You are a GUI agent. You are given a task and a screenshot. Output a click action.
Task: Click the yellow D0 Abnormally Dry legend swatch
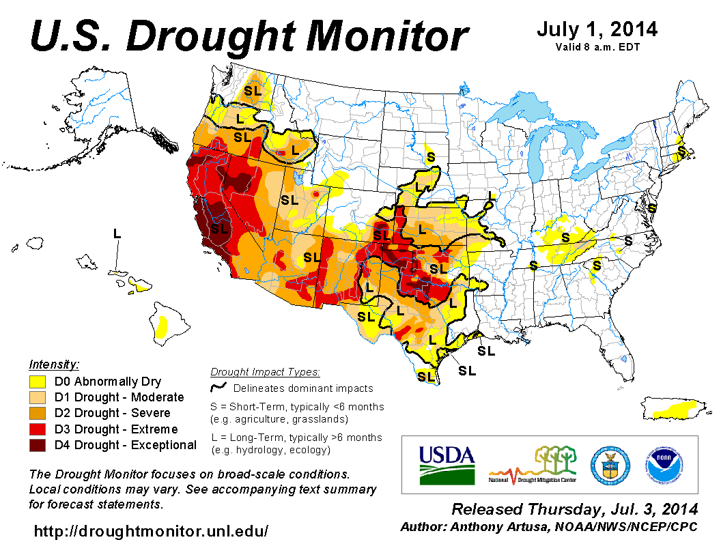click(37, 382)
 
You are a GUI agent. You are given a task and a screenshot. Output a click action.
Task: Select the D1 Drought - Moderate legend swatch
click(37, 397)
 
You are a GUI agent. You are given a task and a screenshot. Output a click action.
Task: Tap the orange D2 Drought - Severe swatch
click(37, 413)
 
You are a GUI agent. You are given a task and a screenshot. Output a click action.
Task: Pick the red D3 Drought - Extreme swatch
click(37, 429)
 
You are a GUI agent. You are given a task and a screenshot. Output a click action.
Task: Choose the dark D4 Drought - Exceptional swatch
click(37, 445)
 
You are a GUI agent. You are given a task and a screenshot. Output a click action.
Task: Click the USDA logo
click(447, 464)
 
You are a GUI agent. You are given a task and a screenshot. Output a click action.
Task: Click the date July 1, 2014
click(596, 29)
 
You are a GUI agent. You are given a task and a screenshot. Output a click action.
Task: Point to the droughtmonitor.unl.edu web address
click(151, 531)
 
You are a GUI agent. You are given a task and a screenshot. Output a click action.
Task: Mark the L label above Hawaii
click(117, 233)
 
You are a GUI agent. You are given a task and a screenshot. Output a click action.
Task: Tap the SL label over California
click(219, 229)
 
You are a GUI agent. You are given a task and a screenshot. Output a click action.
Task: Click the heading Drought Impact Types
click(265, 372)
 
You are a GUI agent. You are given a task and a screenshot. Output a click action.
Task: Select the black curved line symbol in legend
click(218, 387)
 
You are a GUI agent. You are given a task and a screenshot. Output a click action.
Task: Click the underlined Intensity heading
click(55, 364)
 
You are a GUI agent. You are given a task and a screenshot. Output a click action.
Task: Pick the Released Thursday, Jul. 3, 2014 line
click(575, 510)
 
